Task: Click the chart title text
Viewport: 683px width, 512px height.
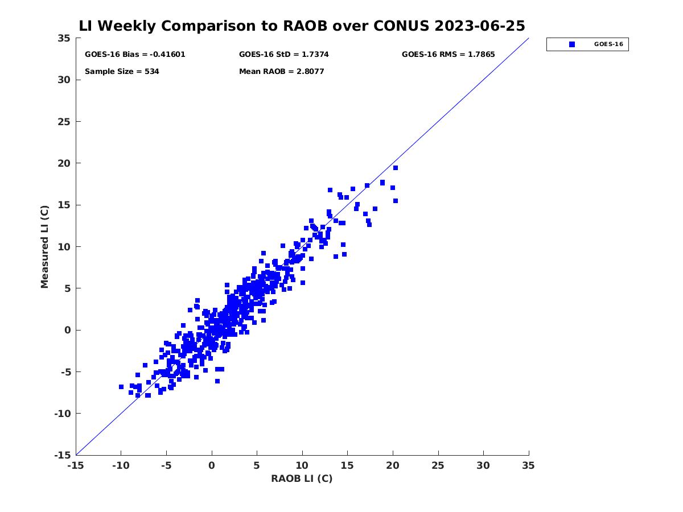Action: click(x=302, y=26)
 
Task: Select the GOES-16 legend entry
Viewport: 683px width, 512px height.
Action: click(x=608, y=44)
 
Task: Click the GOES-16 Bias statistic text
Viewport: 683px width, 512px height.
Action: click(x=135, y=55)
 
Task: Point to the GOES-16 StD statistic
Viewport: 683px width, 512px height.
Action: click(x=283, y=55)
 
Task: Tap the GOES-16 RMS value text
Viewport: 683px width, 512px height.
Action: click(x=448, y=55)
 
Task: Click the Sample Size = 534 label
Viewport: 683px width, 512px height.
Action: click(x=122, y=72)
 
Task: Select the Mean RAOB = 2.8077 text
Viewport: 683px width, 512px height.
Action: click(x=281, y=72)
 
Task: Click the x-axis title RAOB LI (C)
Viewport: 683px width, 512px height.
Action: click(x=302, y=478)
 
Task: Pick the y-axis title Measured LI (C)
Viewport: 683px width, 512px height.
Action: click(x=44, y=247)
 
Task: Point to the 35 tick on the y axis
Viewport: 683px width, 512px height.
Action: click(x=64, y=38)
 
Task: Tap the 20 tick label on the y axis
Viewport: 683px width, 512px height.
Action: click(x=64, y=163)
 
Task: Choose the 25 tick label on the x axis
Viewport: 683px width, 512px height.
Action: click(x=438, y=465)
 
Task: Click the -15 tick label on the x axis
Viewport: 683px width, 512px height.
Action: click(x=76, y=465)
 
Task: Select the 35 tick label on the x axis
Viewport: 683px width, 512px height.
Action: click(x=529, y=465)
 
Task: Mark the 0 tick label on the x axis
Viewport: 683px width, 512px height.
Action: click(x=212, y=465)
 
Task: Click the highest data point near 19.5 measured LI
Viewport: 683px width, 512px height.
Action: click(x=395, y=168)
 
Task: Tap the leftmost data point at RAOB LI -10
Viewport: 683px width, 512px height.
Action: click(x=121, y=387)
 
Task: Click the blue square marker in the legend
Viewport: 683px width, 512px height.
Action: click(x=572, y=44)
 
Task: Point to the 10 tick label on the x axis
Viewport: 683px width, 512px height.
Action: click(x=302, y=465)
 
